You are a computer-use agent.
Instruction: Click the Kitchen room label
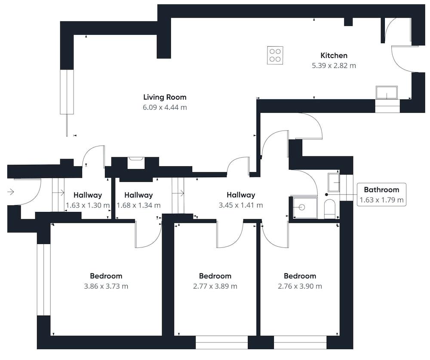334,55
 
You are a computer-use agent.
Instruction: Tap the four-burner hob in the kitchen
275,55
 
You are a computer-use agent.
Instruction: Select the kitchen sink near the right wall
387,92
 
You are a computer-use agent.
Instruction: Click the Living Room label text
165,97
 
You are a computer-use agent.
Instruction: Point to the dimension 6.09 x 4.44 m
165,107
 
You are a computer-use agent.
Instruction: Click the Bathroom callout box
381,195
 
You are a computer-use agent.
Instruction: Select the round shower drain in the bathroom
302,207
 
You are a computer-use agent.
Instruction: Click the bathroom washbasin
334,182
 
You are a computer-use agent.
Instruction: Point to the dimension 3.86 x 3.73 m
106,286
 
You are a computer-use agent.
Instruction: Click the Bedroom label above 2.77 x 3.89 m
215,276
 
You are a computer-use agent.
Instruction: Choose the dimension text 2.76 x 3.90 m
300,286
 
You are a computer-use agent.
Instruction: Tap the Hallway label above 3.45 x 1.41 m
241,195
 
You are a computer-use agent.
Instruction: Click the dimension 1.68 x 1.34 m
138,205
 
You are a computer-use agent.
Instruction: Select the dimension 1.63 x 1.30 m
88,205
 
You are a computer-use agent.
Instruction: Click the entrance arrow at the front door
10,192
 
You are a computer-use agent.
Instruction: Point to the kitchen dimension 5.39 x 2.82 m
334,66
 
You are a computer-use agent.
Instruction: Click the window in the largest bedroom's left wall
43,280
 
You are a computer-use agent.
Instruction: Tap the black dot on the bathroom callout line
326,195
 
